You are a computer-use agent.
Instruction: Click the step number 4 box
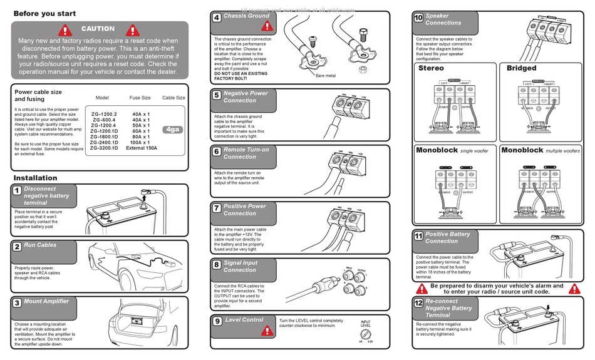[216, 18]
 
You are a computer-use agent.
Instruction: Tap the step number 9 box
[217, 321]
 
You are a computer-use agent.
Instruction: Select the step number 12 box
[418, 303]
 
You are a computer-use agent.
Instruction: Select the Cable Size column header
[173, 98]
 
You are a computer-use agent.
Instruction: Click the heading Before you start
[45, 13]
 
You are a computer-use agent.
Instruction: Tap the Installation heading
[36, 178]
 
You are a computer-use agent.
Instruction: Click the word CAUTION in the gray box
[98, 29]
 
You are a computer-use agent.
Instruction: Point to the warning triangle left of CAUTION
[66, 29]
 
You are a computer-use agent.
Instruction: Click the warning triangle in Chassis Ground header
[267, 26]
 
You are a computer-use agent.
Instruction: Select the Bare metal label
[326, 76]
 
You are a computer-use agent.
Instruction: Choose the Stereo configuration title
[431, 68]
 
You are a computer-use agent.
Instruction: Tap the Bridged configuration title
[521, 68]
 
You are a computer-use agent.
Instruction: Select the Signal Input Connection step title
[240, 267]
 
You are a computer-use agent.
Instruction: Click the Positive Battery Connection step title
[447, 237]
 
